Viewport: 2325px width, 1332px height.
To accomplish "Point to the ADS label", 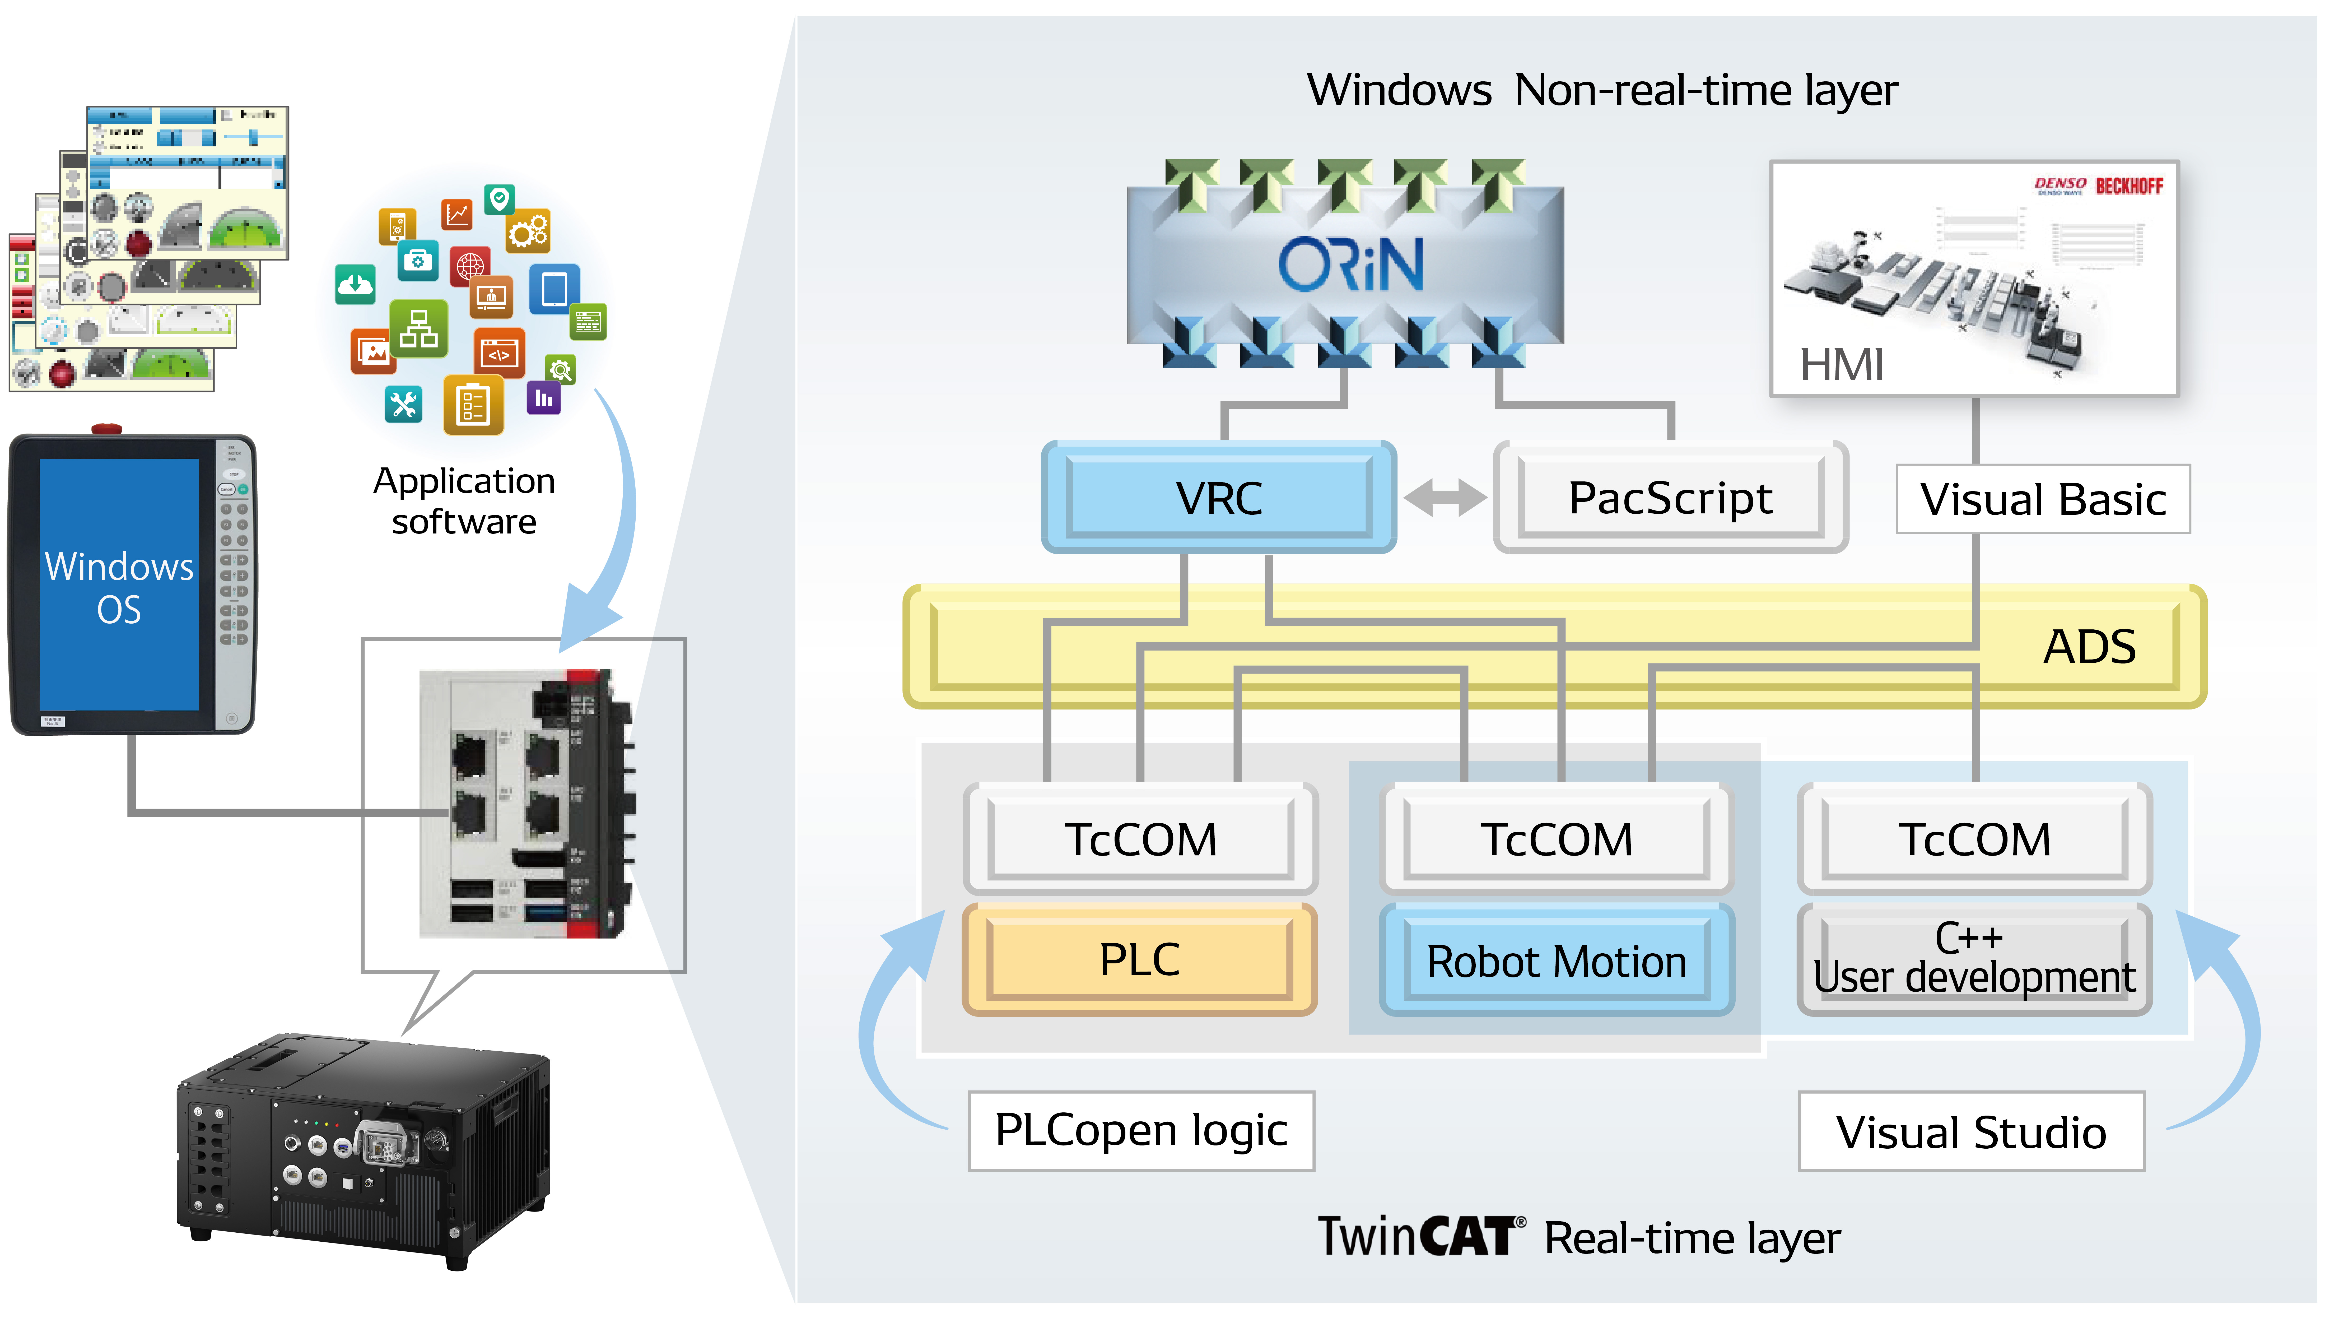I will click(2089, 647).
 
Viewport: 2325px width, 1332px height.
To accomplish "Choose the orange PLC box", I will click(1140, 960).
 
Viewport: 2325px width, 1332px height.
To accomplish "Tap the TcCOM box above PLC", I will click(1140, 839).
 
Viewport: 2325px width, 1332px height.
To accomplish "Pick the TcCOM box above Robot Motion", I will click(1556, 839).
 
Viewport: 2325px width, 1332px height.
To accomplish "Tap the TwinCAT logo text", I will click(1420, 1237).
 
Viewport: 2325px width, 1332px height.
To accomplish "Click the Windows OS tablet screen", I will click(119, 586).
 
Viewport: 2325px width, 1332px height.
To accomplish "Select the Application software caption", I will click(464, 500).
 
